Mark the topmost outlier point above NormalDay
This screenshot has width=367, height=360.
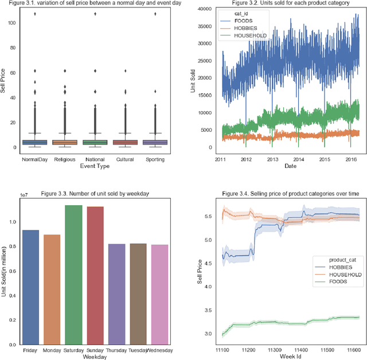tap(36, 13)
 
